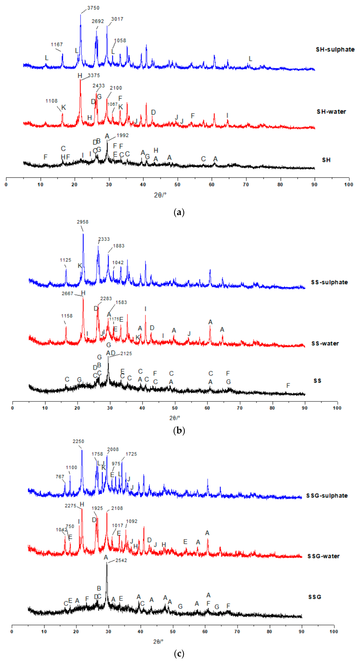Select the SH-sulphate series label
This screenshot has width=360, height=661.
[335, 50]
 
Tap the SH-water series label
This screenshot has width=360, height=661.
[331, 112]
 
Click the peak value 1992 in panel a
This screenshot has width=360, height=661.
[122, 135]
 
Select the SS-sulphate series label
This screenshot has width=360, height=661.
[329, 282]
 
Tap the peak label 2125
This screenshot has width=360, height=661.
[126, 354]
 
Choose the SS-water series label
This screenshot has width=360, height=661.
[325, 344]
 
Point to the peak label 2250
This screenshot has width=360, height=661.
[78, 441]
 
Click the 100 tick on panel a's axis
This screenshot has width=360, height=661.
[348, 184]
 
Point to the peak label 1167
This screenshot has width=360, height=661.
[57, 45]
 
